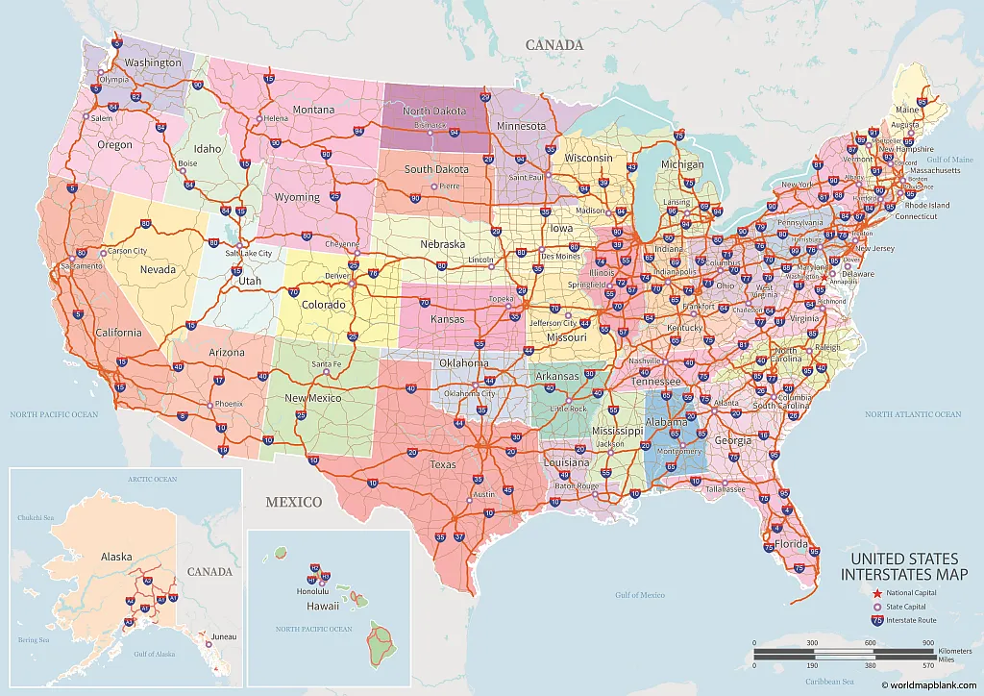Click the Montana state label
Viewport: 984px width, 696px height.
pyautogui.click(x=313, y=110)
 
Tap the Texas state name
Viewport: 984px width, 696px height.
pyautogui.click(x=443, y=464)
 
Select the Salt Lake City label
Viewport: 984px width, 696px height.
pyautogui.click(x=249, y=253)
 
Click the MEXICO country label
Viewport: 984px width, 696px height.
pyautogui.click(x=294, y=502)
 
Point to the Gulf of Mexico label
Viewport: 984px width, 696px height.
pyautogui.click(x=640, y=595)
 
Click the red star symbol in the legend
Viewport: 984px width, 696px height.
pyautogui.click(x=877, y=594)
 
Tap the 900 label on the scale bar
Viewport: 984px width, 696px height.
pyautogui.click(x=928, y=643)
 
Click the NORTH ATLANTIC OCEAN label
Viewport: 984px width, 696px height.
pyautogui.click(x=913, y=414)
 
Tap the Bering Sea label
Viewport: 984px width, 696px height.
pyautogui.click(x=33, y=639)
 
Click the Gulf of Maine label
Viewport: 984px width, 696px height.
pyautogui.click(x=950, y=159)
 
